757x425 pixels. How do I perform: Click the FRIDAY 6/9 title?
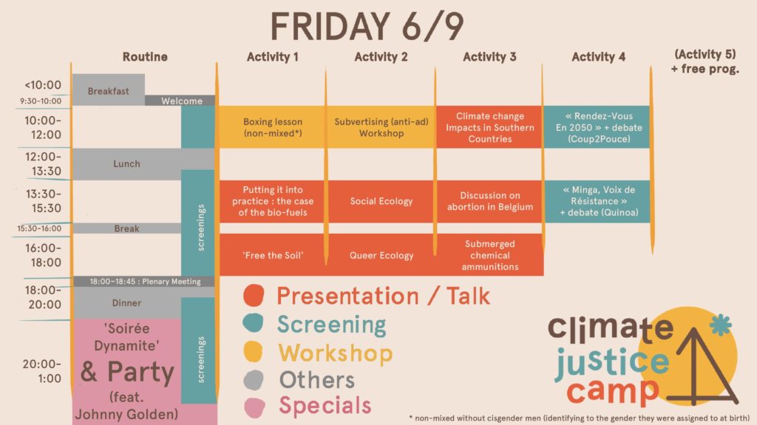(x=367, y=26)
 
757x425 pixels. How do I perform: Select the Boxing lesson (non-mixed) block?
(x=273, y=127)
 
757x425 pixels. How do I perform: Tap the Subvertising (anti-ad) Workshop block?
(x=381, y=127)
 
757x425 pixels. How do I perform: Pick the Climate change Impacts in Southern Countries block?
(x=489, y=127)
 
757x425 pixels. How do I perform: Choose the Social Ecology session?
(x=381, y=201)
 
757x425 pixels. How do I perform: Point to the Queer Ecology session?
(x=381, y=255)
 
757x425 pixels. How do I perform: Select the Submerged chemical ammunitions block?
(x=489, y=255)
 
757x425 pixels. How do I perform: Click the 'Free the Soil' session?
(x=273, y=255)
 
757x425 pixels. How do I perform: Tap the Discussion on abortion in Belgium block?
(x=489, y=201)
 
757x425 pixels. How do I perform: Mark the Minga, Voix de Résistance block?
(x=598, y=201)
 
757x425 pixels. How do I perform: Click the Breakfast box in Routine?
(x=109, y=90)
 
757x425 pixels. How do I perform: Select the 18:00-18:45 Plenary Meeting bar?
(x=144, y=281)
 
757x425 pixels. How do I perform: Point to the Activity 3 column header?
(x=489, y=57)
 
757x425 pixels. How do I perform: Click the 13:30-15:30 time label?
(x=44, y=201)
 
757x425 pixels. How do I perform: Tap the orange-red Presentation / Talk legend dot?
(x=254, y=295)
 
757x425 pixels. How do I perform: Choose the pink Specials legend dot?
(x=255, y=407)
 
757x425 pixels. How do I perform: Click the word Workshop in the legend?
(x=336, y=353)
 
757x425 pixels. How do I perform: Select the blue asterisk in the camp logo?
(x=720, y=324)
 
